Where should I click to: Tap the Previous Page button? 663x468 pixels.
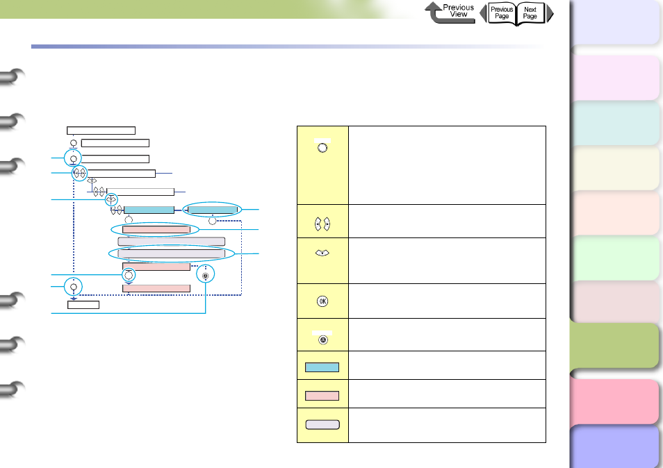click(x=501, y=12)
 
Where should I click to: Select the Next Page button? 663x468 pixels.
click(x=531, y=12)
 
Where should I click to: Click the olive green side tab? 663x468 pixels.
click(x=614, y=346)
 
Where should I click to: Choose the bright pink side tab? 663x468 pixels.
click(x=614, y=401)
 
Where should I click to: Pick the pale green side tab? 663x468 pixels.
click(x=614, y=258)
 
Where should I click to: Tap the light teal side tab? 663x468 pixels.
click(x=614, y=123)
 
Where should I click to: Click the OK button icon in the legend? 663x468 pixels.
click(x=322, y=301)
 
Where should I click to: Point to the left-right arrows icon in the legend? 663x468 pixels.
click(x=322, y=224)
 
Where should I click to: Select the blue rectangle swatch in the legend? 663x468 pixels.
click(x=322, y=367)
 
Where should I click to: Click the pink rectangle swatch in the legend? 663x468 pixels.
click(x=322, y=395)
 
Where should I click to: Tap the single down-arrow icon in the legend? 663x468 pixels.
click(x=322, y=253)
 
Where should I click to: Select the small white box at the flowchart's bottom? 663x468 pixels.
click(x=83, y=304)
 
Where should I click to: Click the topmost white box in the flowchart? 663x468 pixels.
click(x=101, y=130)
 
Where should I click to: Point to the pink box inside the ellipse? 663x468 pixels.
click(x=156, y=229)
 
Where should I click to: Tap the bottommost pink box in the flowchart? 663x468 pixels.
click(x=156, y=288)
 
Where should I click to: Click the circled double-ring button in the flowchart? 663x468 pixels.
click(x=204, y=275)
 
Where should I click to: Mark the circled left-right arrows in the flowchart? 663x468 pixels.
click(x=79, y=174)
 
